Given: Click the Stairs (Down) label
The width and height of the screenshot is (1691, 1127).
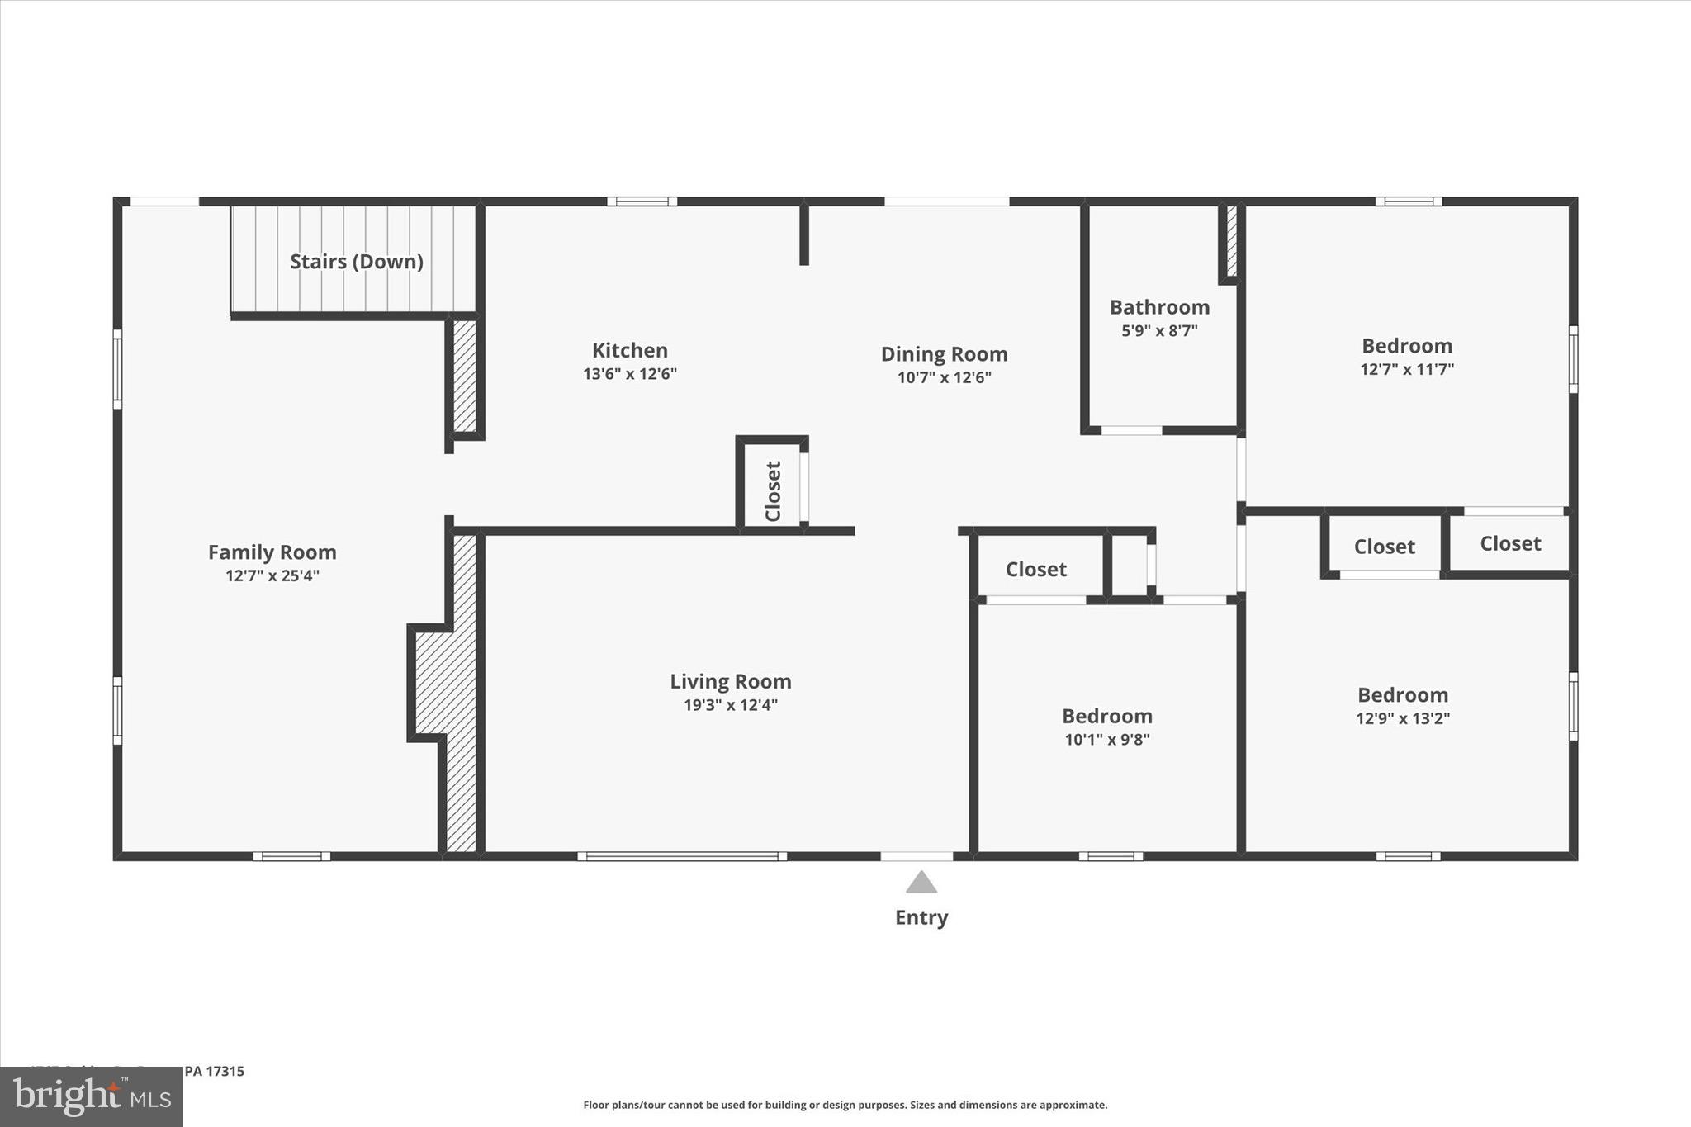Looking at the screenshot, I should pyautogui.click(x=356, y=262).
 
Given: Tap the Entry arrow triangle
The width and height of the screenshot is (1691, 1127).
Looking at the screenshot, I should pyautogui.click(x=921, y=883).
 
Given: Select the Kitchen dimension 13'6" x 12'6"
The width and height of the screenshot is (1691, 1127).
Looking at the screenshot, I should pyautogui.click(x=629, y=374).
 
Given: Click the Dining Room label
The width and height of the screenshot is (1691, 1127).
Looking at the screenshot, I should pyautogui.click(x=944, y=354).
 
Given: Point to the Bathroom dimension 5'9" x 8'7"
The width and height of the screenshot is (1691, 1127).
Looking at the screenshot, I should pyautogui.click(x=1158, y=331).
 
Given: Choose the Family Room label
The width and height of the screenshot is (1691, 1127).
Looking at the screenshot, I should pyautogui.click(x=272, y=552).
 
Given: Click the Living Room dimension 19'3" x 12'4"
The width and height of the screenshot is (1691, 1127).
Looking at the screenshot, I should pyautogui.click(x=730, y=705).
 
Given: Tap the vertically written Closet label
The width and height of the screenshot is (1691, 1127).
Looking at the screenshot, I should pyautogui.click(x=773, y=491).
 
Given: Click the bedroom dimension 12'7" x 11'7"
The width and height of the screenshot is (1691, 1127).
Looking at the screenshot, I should pyautogui.click(x=1406, y=369).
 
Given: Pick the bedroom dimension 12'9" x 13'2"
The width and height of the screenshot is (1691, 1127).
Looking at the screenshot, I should pyautogui.click(x=1402, y=718).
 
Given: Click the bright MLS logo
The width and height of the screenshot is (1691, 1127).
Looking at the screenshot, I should pyautogui.click(x=91, y=1097).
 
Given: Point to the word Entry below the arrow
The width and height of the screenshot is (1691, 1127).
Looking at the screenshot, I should pyautogui.click(x=921, y=917).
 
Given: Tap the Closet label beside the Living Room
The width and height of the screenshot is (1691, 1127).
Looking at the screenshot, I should pyautogui.click(x=1035, y=570).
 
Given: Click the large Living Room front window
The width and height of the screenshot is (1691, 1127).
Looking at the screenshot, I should pyautogui.click(x=681, y=856).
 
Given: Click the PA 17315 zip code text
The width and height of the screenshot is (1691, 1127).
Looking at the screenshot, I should pyautogui.click(x=214, y=1071).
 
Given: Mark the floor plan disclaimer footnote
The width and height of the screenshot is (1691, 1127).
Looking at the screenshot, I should pyautogui.click(x=845, y=1105).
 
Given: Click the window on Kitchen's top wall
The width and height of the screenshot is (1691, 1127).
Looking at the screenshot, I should pyautogui.click(x=642, y=201).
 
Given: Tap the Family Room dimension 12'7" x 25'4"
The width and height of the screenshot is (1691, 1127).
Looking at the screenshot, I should pyautogui.click(x=272, y=575).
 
